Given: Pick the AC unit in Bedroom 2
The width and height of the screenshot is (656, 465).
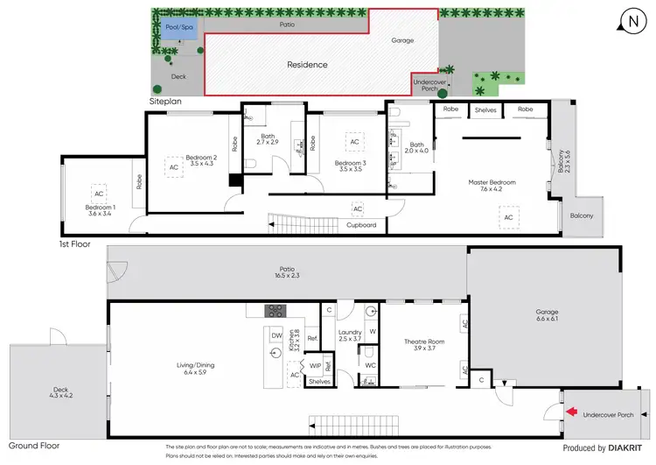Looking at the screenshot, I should [173, 166].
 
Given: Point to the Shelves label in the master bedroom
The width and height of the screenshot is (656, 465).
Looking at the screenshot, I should [485, 110].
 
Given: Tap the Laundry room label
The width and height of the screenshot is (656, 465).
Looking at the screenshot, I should [349, 334].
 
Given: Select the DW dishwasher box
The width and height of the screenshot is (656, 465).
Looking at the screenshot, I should [276, 335].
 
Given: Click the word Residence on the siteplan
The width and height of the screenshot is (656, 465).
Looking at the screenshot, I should [308, 65].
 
